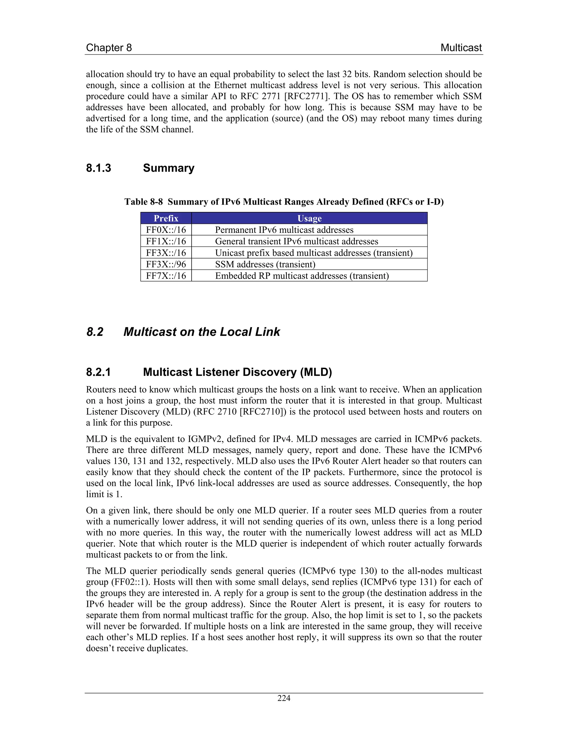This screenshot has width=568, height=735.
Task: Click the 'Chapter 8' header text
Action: point(109,48)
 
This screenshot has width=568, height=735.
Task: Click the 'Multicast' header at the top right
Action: point(461,48)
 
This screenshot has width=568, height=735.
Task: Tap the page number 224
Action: point(284,698)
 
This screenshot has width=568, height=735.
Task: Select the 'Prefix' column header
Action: point(166,218)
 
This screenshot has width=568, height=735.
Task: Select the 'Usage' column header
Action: point(309,218)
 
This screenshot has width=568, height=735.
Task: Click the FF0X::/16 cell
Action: point(166,230)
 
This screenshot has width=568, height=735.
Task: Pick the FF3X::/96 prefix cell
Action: point(166,264)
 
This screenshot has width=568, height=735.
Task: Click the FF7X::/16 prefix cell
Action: point(166,276)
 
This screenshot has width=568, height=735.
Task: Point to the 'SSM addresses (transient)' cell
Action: point(265,264)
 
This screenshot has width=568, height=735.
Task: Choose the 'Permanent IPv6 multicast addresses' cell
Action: point(284,230)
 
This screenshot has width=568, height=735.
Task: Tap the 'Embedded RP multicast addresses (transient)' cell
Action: point(302,276)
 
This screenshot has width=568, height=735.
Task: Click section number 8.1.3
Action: point(98,168)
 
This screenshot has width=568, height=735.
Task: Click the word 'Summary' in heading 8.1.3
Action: point(169,168)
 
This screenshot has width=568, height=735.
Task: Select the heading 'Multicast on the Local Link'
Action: point(202,332)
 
